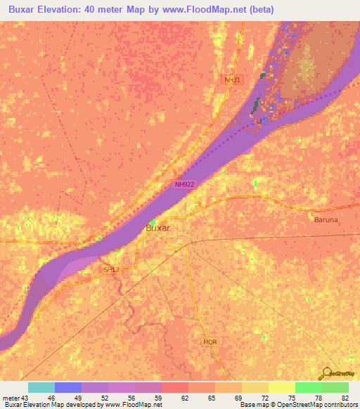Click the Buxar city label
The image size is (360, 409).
[x=157, y=228]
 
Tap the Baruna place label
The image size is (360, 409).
[x=326, y=219]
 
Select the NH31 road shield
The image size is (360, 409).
[x=231, y=80]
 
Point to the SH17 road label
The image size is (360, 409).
[x=111, y=269]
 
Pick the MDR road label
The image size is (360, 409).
[x=210, y=342]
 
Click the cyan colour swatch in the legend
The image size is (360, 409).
[x=41, y=387]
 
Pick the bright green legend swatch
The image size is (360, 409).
[x=308, y=387]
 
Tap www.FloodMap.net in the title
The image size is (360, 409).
[x=208, y=10]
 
